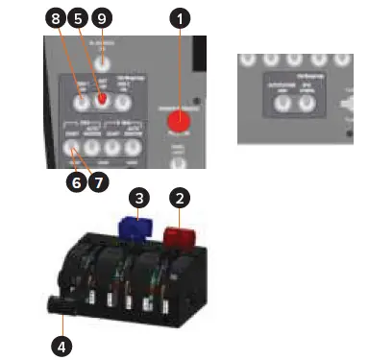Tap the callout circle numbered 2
[178, 198]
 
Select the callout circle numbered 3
[140, 198]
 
